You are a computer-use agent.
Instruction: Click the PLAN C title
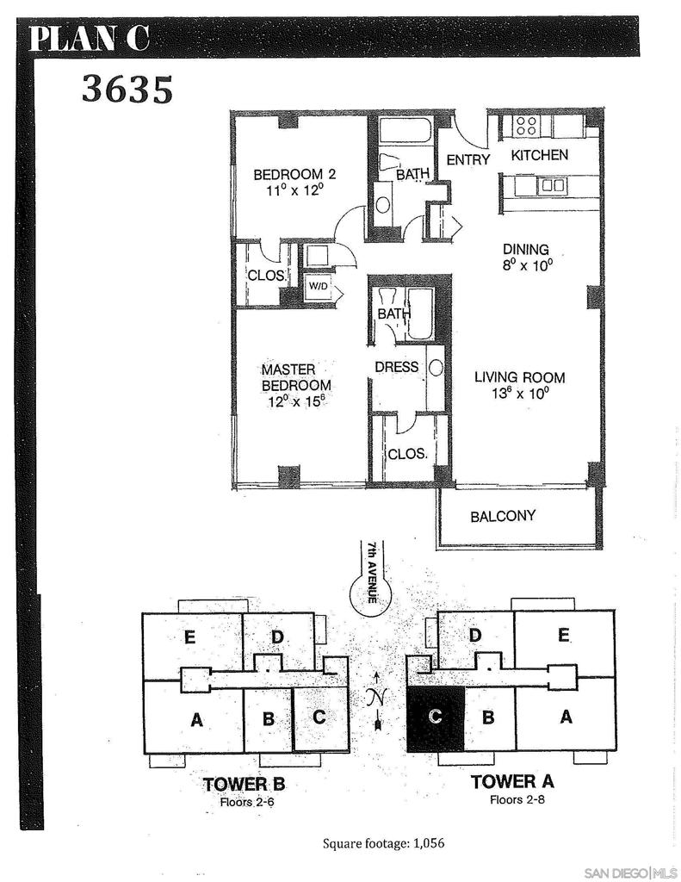pos(90,38)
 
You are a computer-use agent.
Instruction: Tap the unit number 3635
pos(127,90)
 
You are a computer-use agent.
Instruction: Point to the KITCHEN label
pos(539,155)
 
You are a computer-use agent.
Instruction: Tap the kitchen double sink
pos(552,185)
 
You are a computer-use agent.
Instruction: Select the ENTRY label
pos(467,159)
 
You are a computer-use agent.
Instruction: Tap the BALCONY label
pos(503,516)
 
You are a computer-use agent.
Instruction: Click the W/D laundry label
pos(318,286)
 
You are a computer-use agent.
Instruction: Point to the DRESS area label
pos(396,367)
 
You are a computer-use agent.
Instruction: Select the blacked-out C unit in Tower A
pos(436,719)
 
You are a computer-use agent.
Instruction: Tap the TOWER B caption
pos(244,784)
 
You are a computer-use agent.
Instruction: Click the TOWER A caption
pos(512,781)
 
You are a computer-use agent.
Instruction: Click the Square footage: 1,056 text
pos(383,843)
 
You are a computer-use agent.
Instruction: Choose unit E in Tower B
pos(189,637)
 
